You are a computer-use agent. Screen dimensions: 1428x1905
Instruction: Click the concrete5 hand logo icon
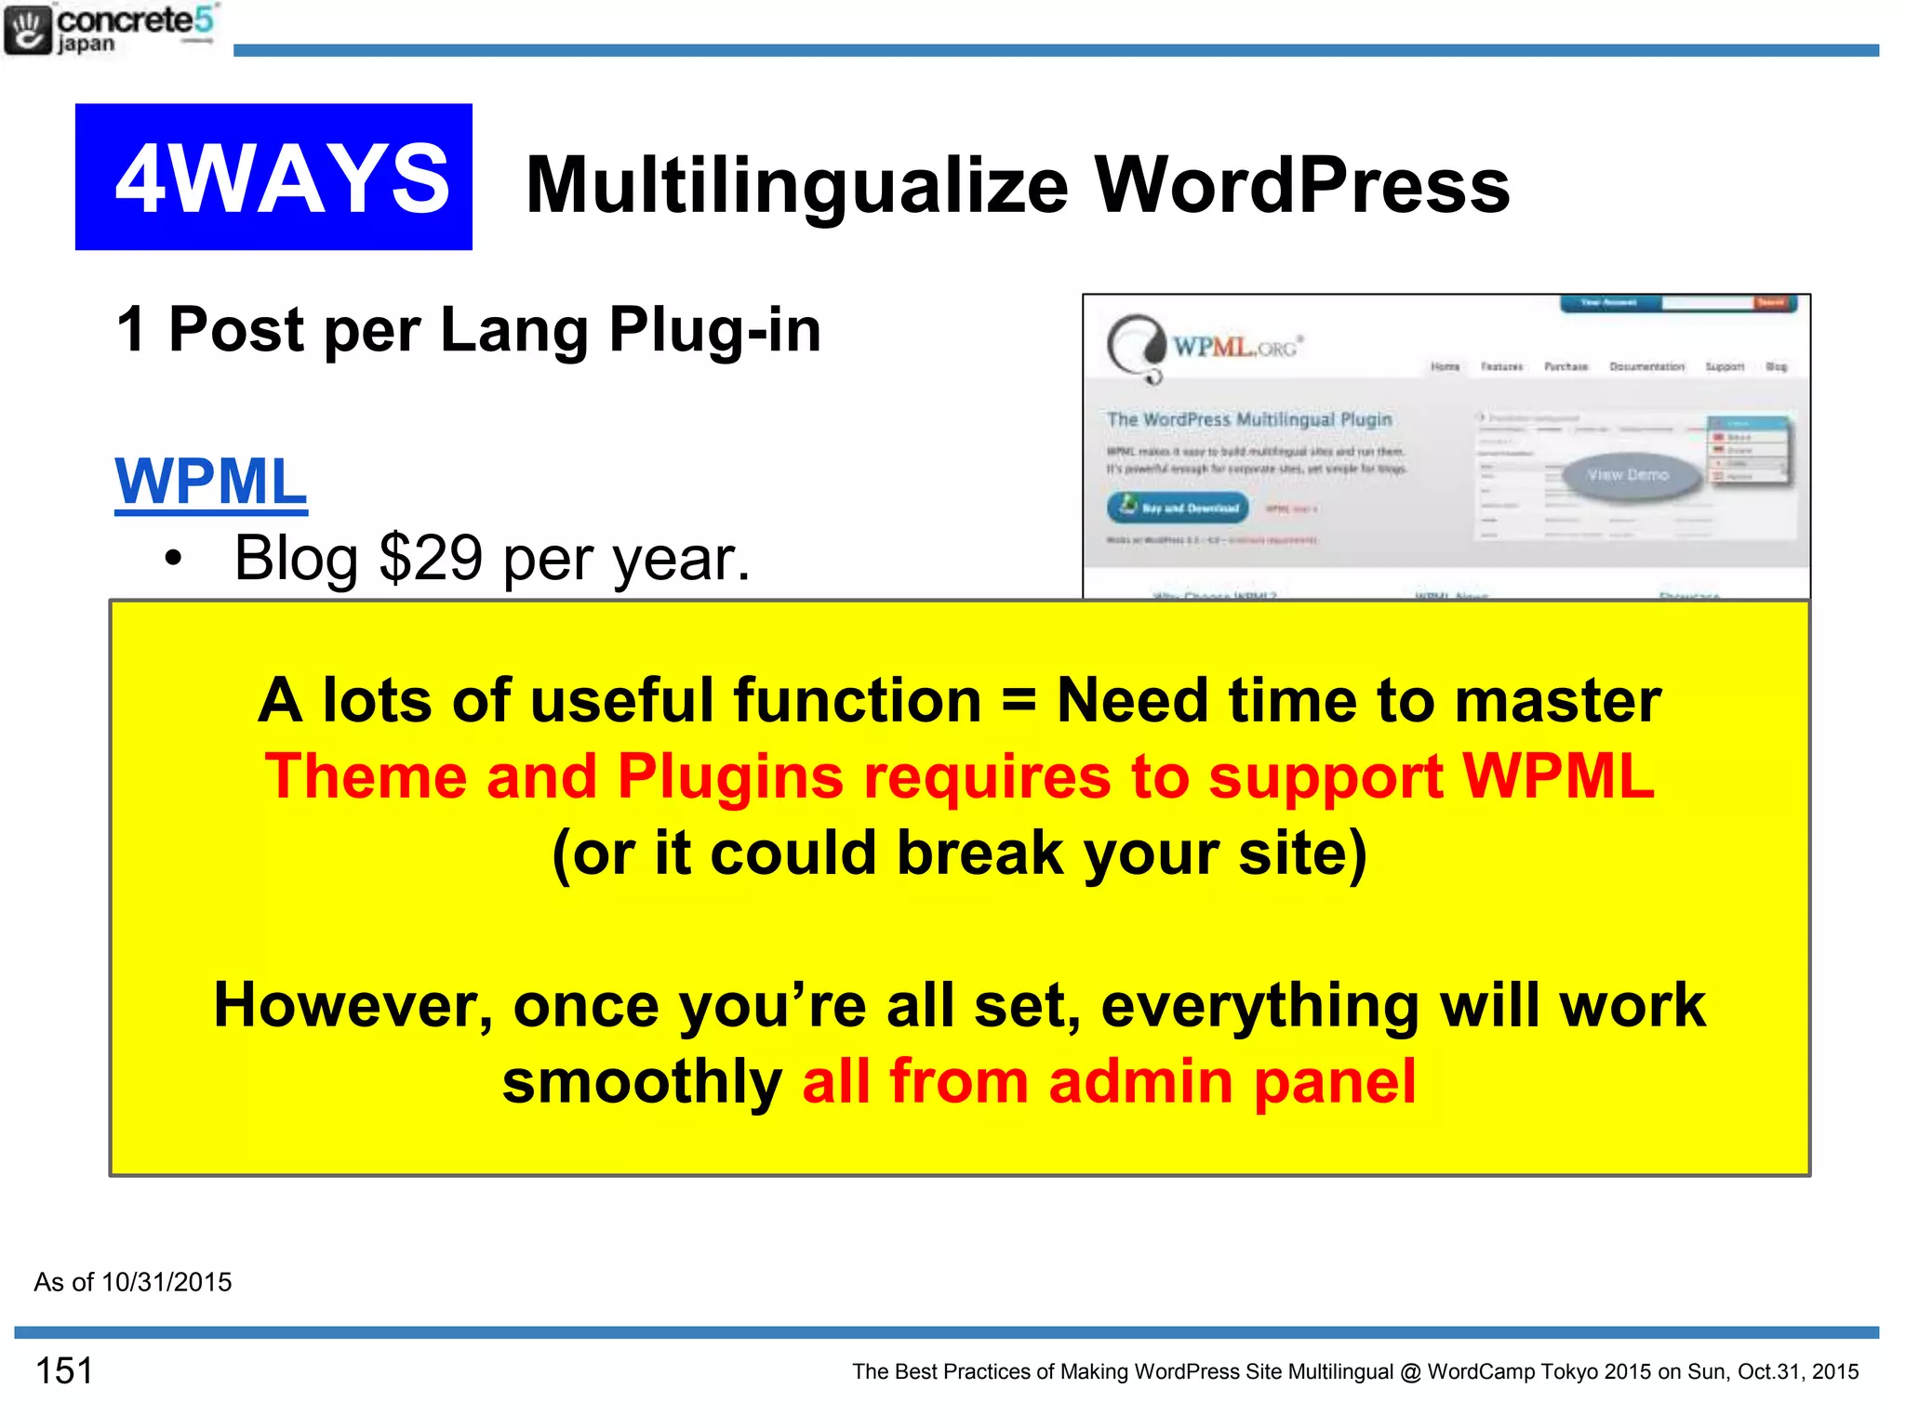pos(27,30)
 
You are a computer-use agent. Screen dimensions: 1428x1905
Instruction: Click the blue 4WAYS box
pos(273,177)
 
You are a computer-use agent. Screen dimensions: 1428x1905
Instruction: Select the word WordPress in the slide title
pos(1301,185)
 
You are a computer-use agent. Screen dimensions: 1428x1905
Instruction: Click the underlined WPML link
pos(210,482)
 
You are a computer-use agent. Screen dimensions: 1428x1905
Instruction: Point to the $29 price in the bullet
pos(431,558)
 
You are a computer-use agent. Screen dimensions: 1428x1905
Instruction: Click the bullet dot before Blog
pos(173,559)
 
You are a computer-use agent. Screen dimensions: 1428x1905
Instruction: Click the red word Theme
pos(366,776)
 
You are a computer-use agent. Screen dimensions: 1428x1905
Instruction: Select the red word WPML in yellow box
pos(1558,776)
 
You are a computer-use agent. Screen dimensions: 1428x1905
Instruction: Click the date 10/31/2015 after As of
pos(167,1283)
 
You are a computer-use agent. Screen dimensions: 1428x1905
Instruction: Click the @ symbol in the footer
pos(1410,1372)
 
